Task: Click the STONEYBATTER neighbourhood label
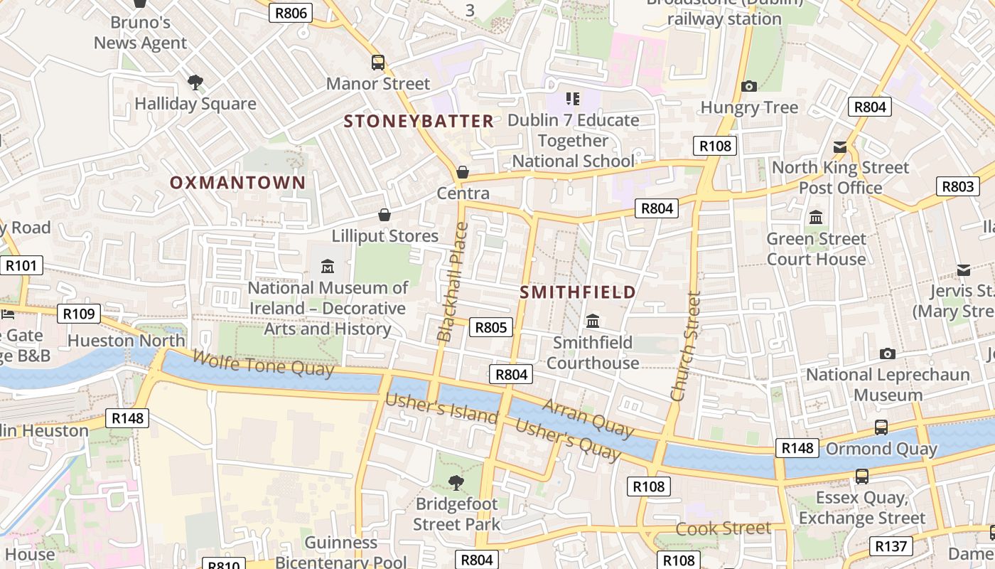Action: pos(419,122)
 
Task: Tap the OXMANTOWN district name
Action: pos(237,183)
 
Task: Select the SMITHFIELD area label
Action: pos(578,292)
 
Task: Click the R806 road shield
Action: pos(290,12)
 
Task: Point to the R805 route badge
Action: pos(490,327)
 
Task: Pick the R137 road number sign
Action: pos(891,546)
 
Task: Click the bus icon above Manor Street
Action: pos(378,63)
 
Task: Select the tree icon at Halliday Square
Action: pos(195,83)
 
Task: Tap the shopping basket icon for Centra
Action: pos(463,172)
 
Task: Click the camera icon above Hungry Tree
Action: pos(749,86)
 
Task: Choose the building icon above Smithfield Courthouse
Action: pos(593,321)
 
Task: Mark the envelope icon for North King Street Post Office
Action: pos(840,147)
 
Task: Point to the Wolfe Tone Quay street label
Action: pos(262,363)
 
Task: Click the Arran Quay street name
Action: pos(588,418)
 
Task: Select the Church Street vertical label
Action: pos(686,346)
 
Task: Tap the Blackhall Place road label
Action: pos(453,282)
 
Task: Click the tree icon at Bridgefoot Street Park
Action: pos(456,484)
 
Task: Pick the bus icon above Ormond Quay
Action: pos(881,427)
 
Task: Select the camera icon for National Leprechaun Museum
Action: pos(887,353)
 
